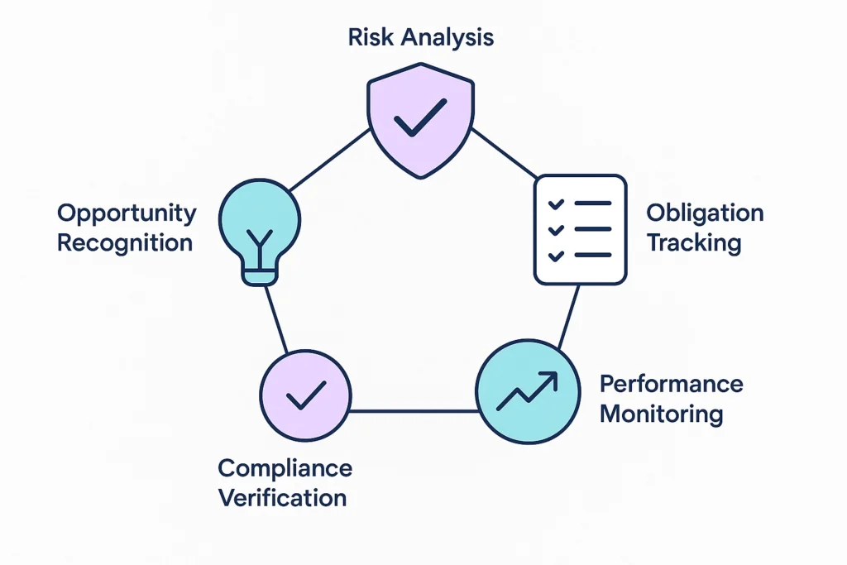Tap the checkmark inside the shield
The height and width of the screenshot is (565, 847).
(x=420, y=117)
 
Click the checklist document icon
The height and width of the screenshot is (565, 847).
(x=579, y=228)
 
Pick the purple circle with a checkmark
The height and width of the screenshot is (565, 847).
(x=305, y=395)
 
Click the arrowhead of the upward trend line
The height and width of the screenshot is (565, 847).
(x=550, y=379)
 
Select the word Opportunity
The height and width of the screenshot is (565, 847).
(x=127, y=213)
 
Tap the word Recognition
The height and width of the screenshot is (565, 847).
(x=125, y=243)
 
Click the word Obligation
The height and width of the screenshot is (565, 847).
(x=705, y=213)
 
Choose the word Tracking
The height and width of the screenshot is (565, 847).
(x=693, y=243)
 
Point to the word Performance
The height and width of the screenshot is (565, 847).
(x=671, y=384)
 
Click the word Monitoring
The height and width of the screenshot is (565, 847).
(x=662, y=414)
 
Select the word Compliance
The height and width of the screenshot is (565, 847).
(x=285, y=468)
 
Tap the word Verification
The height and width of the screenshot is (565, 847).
(x=282, y=498)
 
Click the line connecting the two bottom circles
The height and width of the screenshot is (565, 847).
(x=414, y=409)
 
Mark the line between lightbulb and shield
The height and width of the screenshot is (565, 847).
(x=328, y=158)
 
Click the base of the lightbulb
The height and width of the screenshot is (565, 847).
(x=259, y=276)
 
